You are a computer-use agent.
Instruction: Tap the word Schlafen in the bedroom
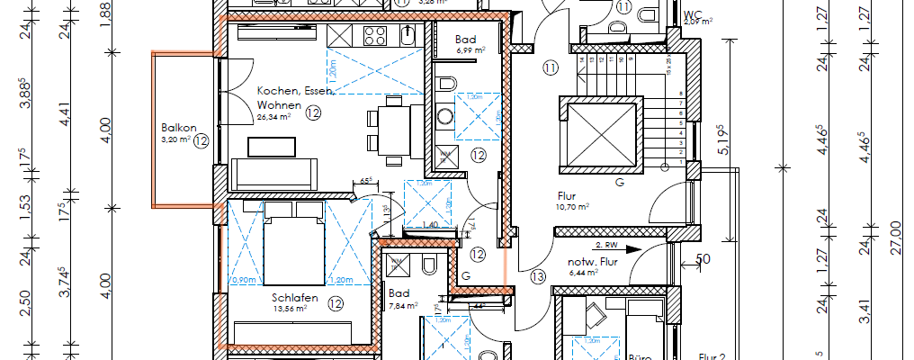point(293,296)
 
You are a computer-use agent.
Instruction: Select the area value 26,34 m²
point(273,116)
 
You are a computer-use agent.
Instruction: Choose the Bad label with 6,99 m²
point(465,40)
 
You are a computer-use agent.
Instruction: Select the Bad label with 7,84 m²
point(399,294)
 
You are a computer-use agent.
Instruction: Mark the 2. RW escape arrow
point(615,245)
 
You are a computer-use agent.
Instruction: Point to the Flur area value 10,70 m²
point(571,206)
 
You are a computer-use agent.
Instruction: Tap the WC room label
point(693,13)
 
